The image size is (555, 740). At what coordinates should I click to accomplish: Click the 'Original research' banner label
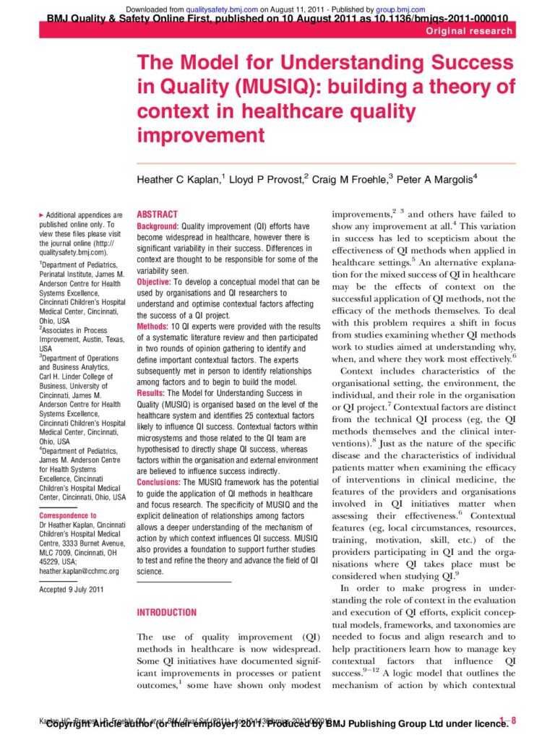pyautogui.click(x=470, y=31)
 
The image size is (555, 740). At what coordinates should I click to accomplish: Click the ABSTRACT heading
pyautogui.click(x=157, y=215)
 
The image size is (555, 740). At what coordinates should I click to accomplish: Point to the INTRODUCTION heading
pyautogui.click(x=166, y=612)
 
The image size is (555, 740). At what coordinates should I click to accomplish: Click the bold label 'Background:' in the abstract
pyautogui.click(x=158, y=226)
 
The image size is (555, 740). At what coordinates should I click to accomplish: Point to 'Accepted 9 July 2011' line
pyautogui.click(x=72, y=590)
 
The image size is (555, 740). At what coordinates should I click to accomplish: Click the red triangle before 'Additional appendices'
pyautogui.click(x=40, y=215)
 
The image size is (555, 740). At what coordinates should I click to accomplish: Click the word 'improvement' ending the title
pyautogui.click(x=202, y=135)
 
